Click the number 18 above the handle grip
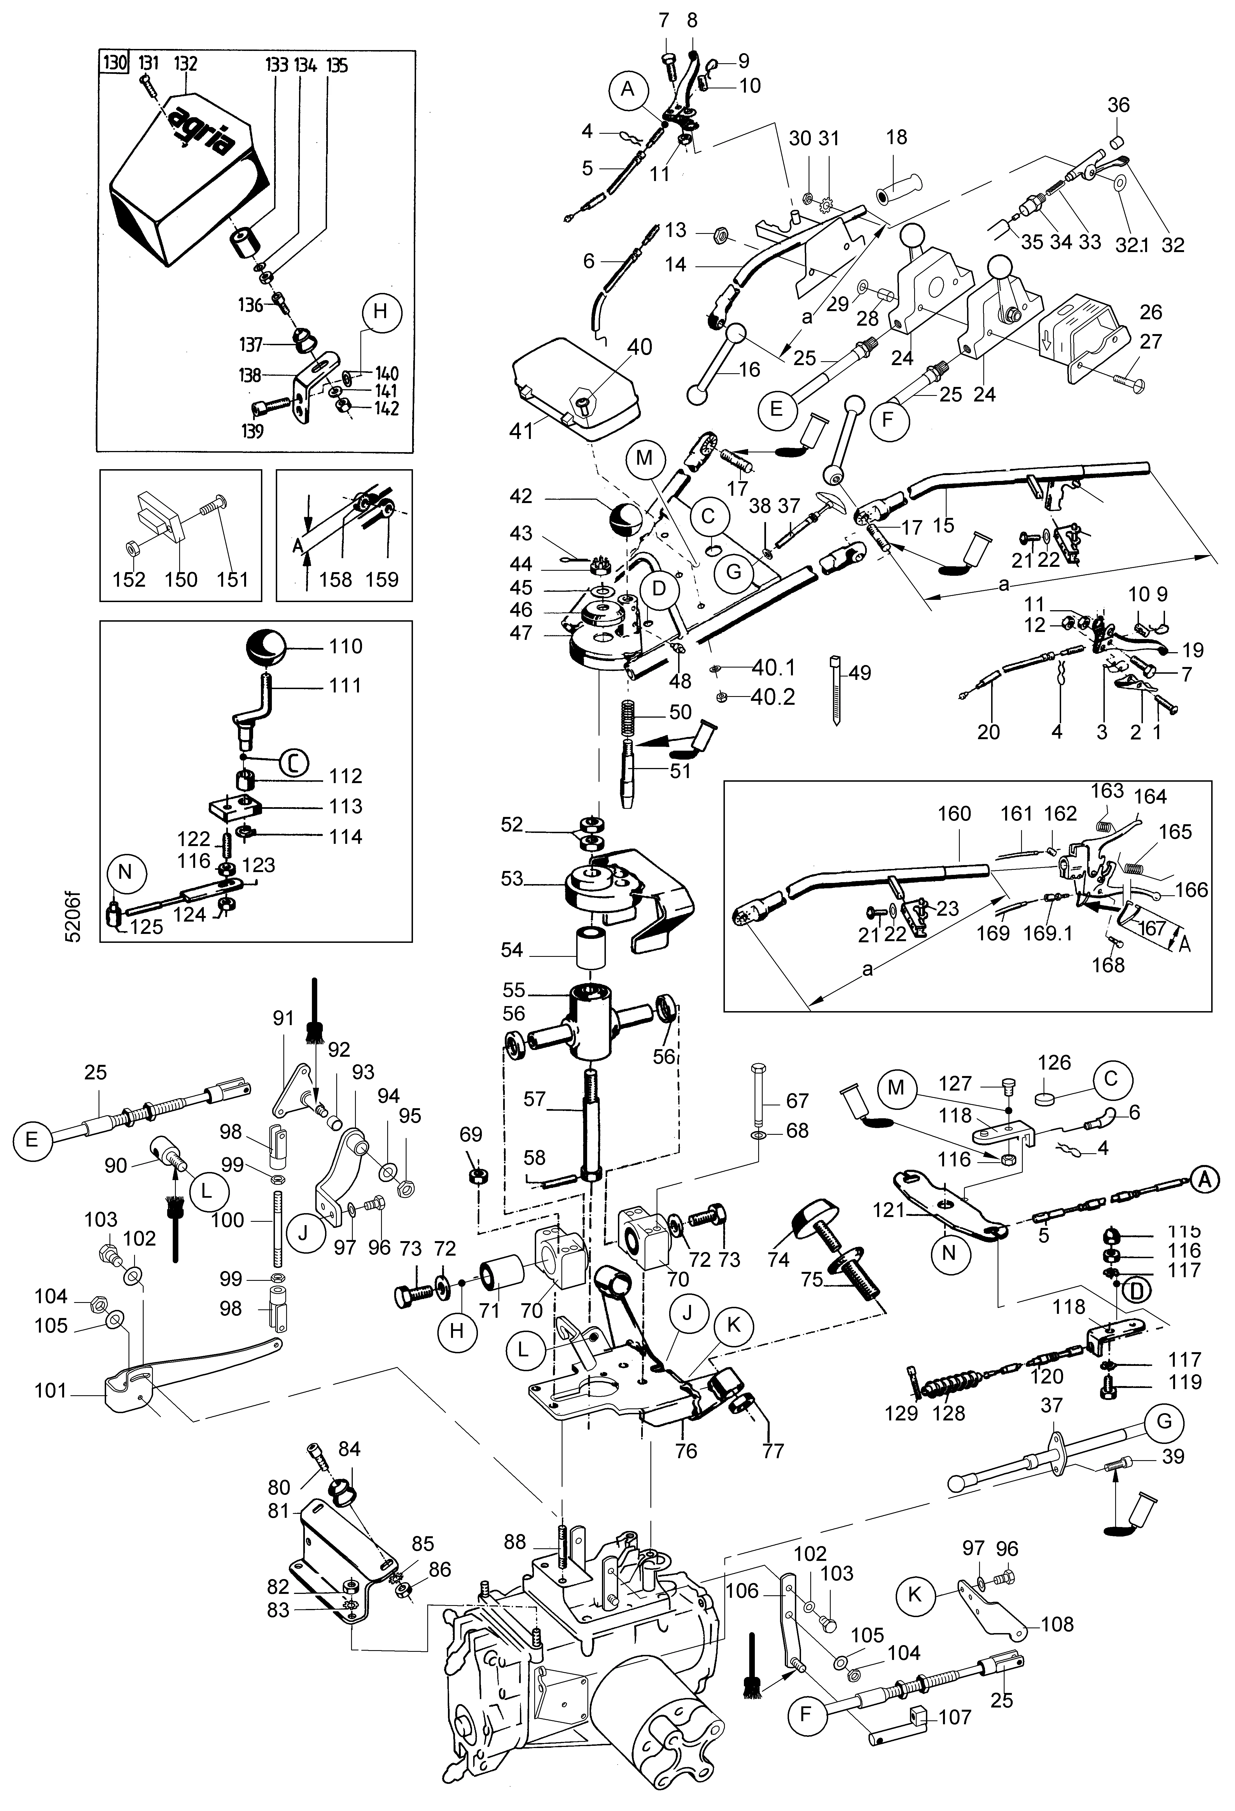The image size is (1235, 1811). pos(897,137)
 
